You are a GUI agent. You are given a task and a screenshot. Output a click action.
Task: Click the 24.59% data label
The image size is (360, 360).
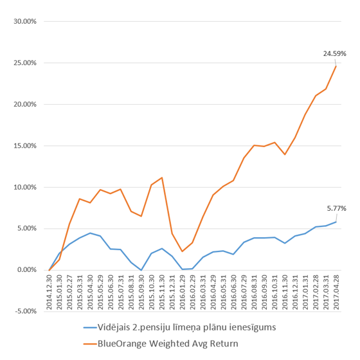coord(334,53)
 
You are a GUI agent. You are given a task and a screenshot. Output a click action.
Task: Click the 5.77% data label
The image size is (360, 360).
coord(337,208)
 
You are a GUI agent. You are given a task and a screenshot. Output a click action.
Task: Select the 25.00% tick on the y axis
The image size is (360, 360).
coord(25,63)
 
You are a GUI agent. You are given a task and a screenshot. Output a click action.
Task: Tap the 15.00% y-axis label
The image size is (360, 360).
coord(25,146)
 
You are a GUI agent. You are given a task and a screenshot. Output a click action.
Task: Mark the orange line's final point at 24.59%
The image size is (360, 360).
coord(336,66)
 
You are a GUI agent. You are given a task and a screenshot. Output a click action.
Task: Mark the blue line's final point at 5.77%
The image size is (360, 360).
coord(336,222)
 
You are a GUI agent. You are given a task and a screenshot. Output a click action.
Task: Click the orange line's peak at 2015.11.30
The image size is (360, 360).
coord(161,177)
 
